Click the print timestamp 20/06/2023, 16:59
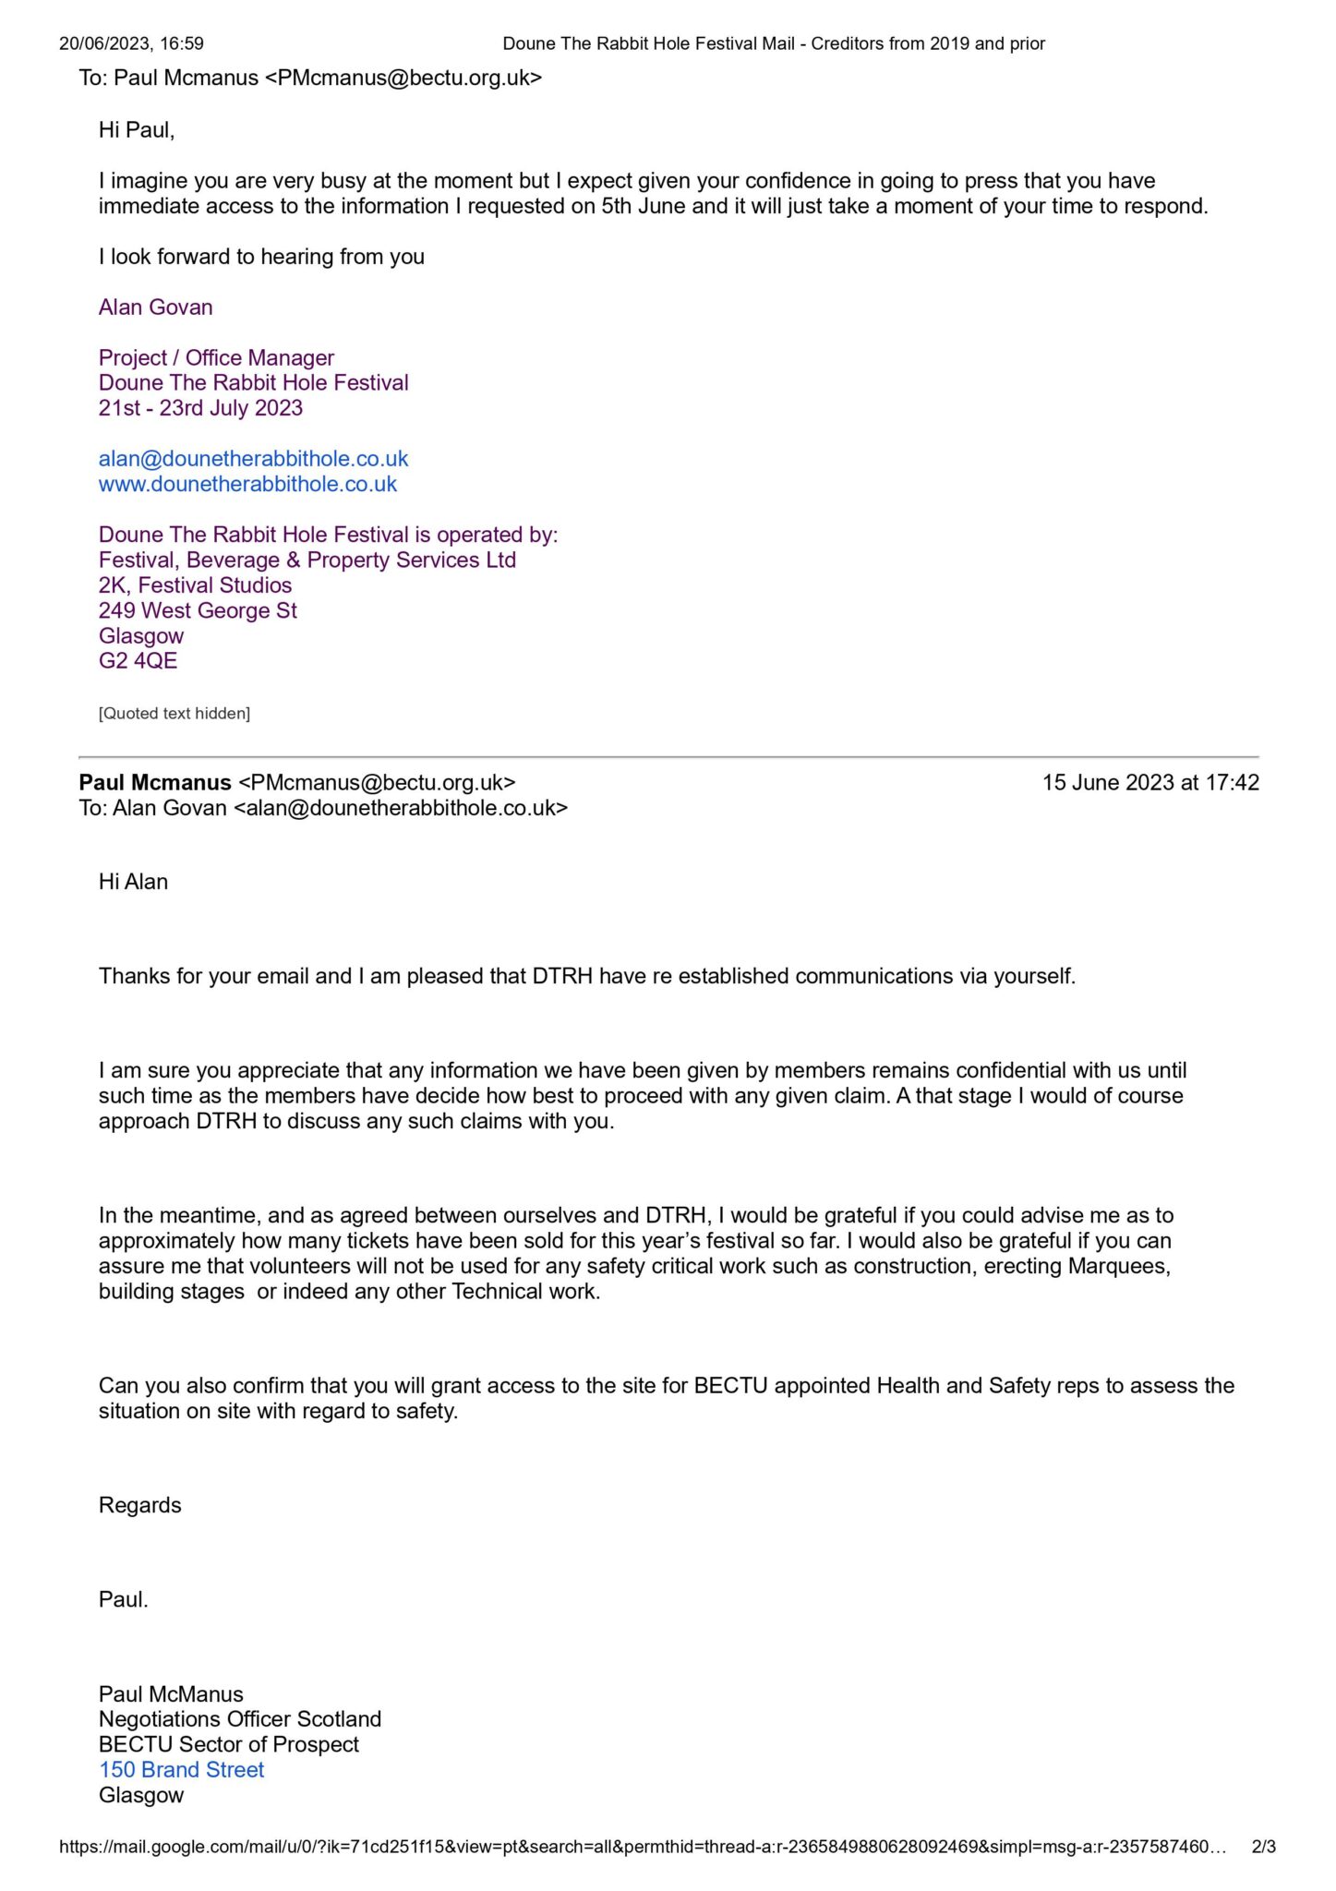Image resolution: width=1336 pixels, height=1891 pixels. tap(131, 43)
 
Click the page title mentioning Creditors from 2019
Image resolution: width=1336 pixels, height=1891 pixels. tap(773, 43)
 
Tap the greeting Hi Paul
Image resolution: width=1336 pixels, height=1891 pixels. tap(137, 130)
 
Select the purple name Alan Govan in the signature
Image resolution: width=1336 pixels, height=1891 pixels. tap(155, 307)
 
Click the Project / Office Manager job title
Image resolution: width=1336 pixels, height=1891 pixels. tap(216, 357)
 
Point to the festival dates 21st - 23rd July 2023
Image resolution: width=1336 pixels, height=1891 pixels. tap(200, 408)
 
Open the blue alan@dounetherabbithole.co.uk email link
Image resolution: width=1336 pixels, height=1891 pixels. tap(253, 459)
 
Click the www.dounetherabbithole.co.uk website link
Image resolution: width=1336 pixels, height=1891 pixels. tap(247, 484)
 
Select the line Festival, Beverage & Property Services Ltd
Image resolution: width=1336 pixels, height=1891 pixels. tap(307, 560)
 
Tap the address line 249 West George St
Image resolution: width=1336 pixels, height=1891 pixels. tap(198, 610)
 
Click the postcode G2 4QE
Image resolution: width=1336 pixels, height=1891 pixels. tap(138, 661)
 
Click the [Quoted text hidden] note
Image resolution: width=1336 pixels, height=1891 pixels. tap(174, 713)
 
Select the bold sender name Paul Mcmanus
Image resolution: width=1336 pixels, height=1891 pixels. tap(154, 783)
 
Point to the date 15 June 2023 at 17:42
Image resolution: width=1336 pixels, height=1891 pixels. tap(1150, 783)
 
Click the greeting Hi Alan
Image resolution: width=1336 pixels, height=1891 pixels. tap(133, 882)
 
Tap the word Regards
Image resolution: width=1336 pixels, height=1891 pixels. tap(139, 1505)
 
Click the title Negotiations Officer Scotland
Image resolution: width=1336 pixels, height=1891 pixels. tap(239, 1719)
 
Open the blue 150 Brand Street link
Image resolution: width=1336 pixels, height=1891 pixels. tap(181, 1770)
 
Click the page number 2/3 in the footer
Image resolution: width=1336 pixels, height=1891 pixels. tap(1263, 1847)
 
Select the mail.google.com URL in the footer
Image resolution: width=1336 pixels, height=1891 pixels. tap(642, 1847)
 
